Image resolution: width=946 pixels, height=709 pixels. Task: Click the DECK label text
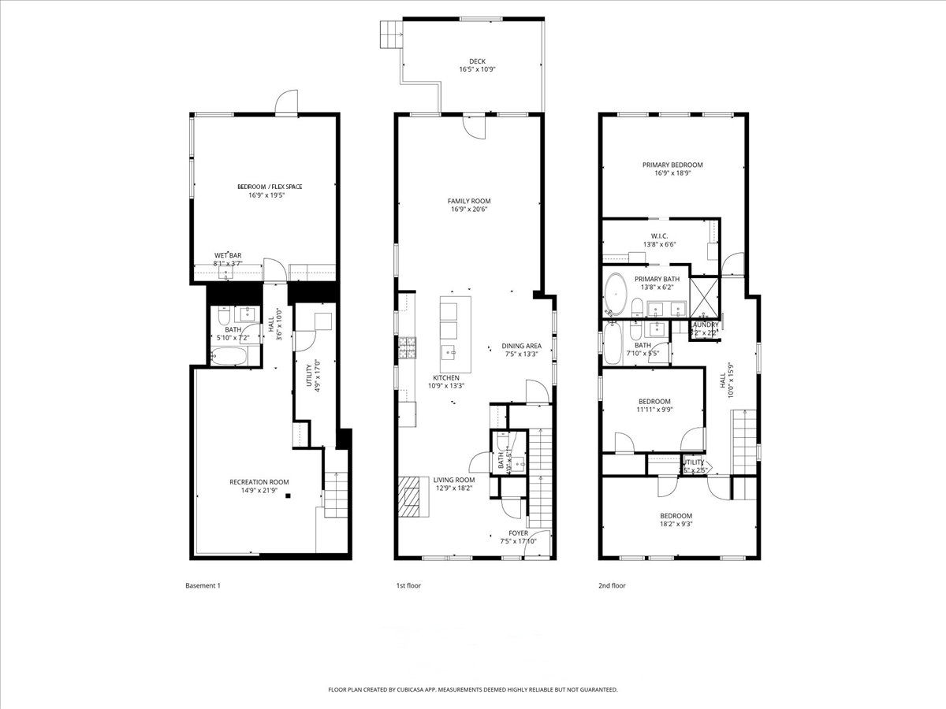pos(477,61)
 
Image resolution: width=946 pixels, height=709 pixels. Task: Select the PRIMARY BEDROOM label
pos(672,165)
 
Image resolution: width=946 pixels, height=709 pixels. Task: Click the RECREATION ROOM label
pos(259,482)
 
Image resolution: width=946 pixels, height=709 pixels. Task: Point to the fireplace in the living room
pos(410,496)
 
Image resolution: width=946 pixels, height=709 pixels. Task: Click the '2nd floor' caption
pos(612,585)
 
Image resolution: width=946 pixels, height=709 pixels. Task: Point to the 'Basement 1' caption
pos(203,585)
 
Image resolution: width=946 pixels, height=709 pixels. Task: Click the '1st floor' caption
pos(408,585)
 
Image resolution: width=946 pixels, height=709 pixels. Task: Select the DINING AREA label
pos(521,346)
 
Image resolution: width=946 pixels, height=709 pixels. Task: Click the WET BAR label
pos(228,255)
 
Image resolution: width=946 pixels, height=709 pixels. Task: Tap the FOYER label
pos(518,533)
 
